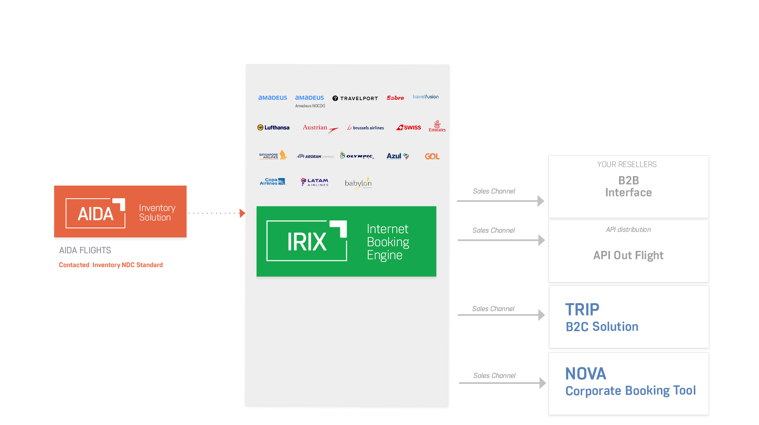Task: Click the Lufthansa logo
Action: [x=273, y=127]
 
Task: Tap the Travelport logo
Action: [x=355, y=98]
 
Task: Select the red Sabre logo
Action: [x=395, y=98]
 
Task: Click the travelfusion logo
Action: [x=425, y=97]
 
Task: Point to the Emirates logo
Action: [x=437, y=126]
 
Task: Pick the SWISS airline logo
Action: [x=409, y=127]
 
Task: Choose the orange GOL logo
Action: [x=432, y=156]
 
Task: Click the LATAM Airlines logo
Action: [x=315, y=182]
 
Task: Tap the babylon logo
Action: [x=358, y=183]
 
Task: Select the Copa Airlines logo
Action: [x=272, y=182]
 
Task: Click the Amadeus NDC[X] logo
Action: [x=310, y=101]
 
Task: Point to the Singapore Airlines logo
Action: [x=273, y=155]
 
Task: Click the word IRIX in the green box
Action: [x=307, y=241]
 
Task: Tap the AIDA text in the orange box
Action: [x=96, y=214]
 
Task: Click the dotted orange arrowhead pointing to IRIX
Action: [x=242, y=213]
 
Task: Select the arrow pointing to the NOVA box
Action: [x=542, y=383]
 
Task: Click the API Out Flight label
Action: [x=628, y=255]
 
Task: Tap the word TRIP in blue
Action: [x=582, y=309]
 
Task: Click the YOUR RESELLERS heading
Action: [x=627, y=164]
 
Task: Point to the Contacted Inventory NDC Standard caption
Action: [x=111, y=265]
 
